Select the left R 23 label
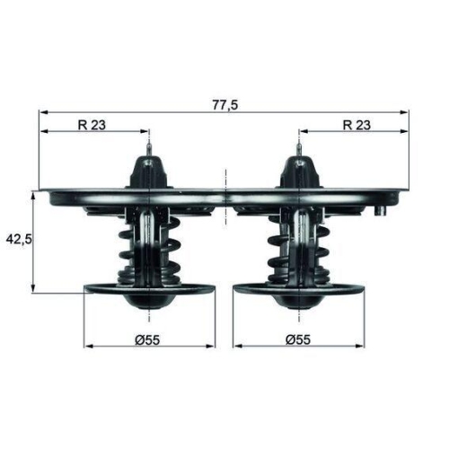point(92,125)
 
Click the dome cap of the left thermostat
point(149,171)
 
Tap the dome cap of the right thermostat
point(298,171)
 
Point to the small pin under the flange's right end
point(382,211)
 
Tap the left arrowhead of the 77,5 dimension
point(43,112)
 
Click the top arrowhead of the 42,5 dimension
point(34,195)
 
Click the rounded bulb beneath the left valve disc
point(149,301)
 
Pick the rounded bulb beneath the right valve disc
point(298,301)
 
